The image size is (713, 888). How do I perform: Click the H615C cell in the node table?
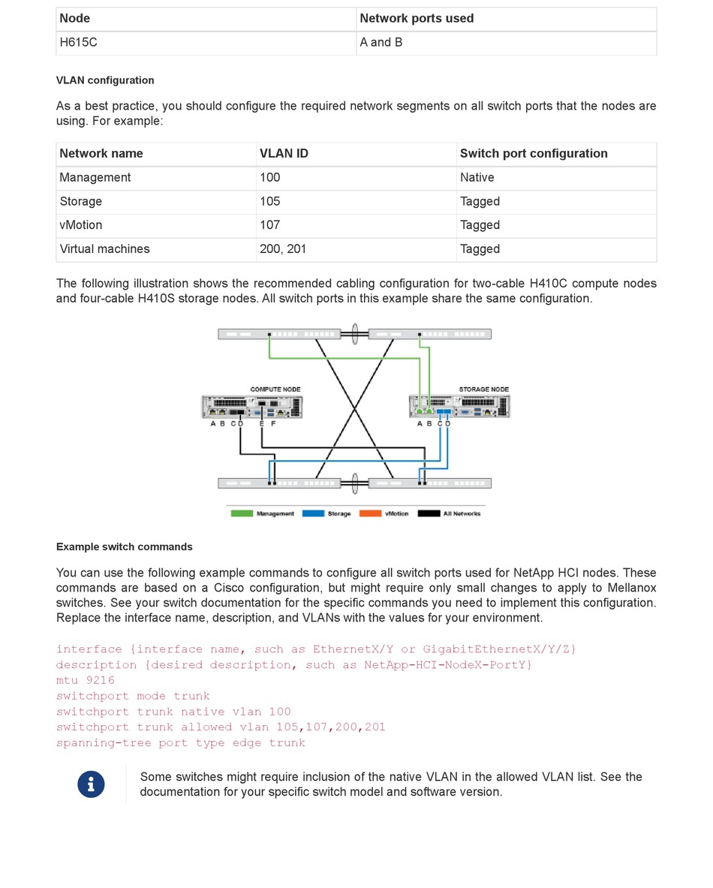point(79,43)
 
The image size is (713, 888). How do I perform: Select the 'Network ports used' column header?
point(417,19)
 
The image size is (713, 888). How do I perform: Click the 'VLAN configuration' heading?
point(105,80)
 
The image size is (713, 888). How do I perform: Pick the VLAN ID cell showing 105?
point(270,201)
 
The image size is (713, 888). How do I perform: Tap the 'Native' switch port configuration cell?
point(477,178)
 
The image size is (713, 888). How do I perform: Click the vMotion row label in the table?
point(81,225)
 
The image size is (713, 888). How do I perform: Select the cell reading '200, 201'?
point(283,249)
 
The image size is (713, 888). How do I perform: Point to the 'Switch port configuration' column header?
point(534,154)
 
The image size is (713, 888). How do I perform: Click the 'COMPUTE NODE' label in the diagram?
point(275,390)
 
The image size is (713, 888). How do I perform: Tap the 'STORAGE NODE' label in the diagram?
point(484,390)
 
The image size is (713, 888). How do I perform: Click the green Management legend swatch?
point(241,513)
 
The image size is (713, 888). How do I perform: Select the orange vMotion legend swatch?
point(371,513)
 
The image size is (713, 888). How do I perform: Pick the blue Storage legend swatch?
point(313,513)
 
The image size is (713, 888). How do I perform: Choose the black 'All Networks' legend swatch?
point(429,513)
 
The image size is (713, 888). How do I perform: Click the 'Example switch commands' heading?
point(125,547)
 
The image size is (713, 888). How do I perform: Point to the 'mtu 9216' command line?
point(86,681)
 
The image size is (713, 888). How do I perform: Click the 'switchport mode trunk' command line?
point(133,697)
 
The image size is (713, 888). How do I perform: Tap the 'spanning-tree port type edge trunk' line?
point(181,743)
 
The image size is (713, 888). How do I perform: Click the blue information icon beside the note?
point(92,784)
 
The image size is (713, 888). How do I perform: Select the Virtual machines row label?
point(104,249)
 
